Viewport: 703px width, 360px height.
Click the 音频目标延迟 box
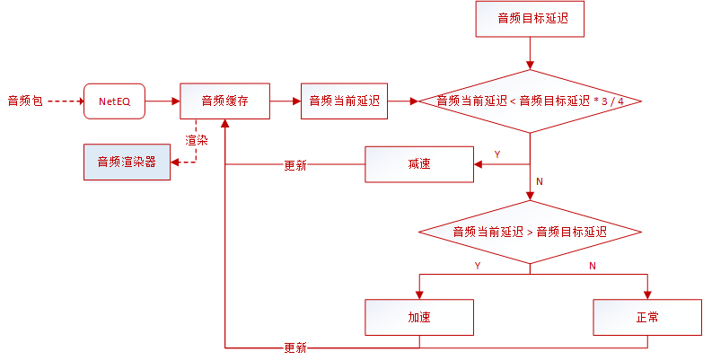(529, 19)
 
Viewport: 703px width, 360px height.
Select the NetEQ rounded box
(114, 101)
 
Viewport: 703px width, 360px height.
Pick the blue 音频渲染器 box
(127, 162)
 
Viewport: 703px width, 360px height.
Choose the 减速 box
(418, 164)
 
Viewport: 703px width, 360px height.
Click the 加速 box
(418, 317)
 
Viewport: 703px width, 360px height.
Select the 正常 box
(646, 317)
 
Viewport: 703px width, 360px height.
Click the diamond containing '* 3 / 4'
(530, 101)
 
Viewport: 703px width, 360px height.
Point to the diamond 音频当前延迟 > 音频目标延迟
(530, 232)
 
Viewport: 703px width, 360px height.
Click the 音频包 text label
(24, 101)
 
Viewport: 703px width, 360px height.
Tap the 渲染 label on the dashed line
(197, 141)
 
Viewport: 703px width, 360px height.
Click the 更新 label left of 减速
(294, 165)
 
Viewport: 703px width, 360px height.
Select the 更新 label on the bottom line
(294, 347)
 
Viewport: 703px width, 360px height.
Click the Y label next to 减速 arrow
(497, 154)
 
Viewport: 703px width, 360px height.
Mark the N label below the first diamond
(540, 180)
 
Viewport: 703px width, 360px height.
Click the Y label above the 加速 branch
(477, 266)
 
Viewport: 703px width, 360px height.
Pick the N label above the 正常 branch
(592, 266)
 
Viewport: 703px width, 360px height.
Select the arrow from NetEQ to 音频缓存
(162, 101)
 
